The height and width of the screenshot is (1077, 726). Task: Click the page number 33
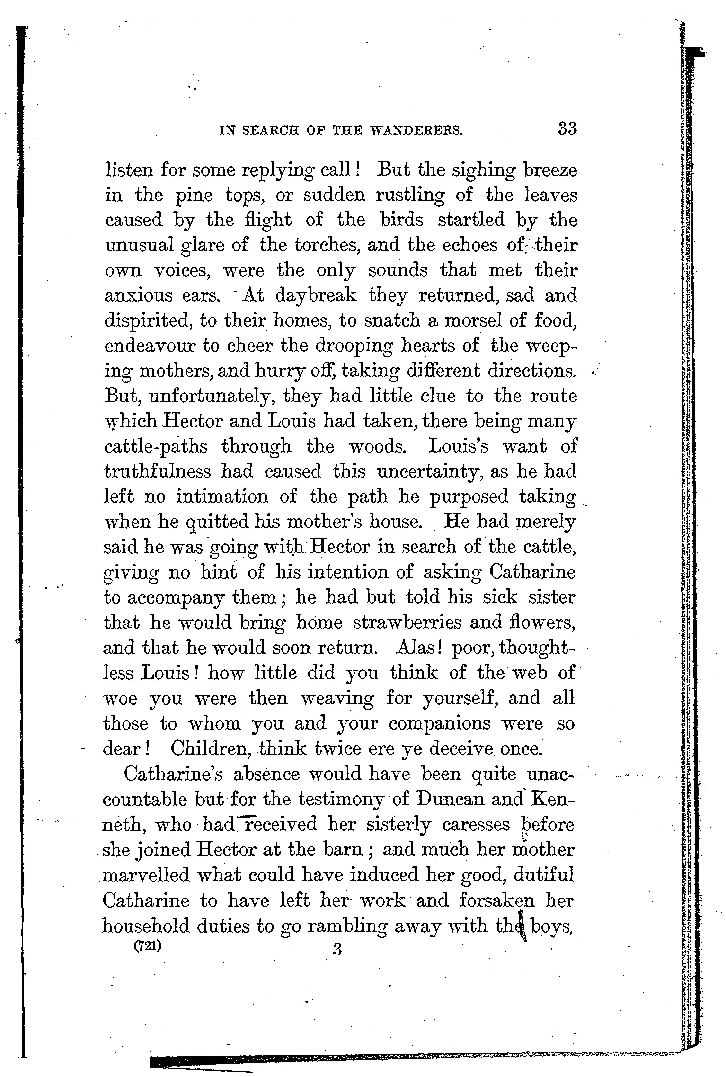(567, 128)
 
